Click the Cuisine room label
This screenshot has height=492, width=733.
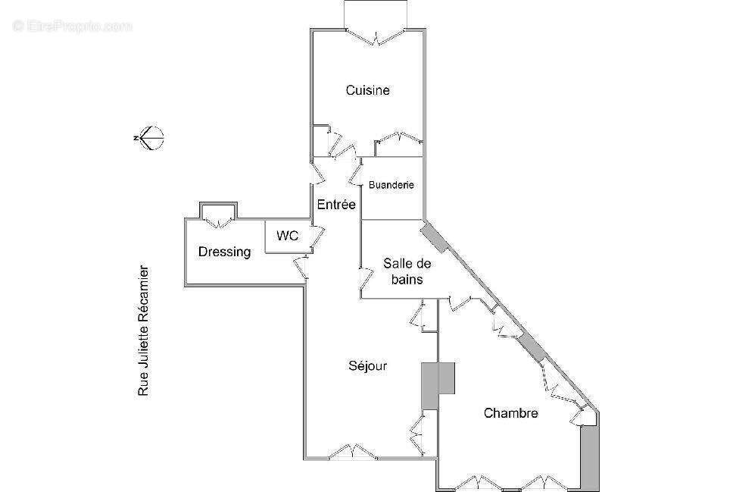point(368,90)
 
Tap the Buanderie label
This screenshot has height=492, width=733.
point(391,185)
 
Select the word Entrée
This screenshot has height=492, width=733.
point(336,204)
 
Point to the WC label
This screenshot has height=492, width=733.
point(288,236)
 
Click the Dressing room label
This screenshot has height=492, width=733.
point(224,252)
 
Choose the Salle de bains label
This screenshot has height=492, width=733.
point(407,271)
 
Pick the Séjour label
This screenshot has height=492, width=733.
point(368,365)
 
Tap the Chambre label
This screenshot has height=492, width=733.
point(510,413)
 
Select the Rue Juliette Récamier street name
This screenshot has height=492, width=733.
point(144,331)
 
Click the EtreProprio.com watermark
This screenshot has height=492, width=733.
point(73,27)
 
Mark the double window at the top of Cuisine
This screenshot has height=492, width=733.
point(376,36)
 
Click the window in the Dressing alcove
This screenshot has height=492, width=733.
point(218,222)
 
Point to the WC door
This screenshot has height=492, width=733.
point(317,237)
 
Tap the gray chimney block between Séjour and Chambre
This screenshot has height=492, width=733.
point(438,386)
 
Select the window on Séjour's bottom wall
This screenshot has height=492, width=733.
point(353,452)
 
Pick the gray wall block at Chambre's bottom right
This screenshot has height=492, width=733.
point(589,459)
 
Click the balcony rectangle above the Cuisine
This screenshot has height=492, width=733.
point(376,14)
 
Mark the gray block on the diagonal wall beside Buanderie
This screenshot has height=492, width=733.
point(435,238)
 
